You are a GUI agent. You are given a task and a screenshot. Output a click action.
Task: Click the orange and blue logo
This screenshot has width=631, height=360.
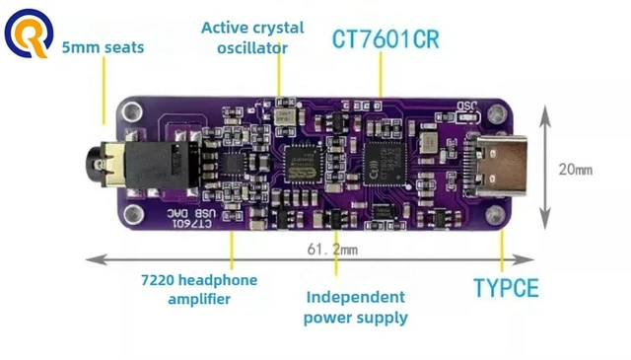29,33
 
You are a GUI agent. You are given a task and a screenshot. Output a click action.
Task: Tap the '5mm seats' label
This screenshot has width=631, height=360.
103,47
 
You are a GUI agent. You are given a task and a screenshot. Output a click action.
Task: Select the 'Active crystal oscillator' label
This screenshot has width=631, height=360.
252,37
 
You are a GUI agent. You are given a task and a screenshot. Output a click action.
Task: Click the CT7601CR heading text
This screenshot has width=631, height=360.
386,39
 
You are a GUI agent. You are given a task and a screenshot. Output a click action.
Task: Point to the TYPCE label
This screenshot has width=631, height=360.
506,288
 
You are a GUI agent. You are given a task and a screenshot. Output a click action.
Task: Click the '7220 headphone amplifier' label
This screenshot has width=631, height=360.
199,289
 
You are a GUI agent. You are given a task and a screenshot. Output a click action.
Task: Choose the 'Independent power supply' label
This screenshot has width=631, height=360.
356,308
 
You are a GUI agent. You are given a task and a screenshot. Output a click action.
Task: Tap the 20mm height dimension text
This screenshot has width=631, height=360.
576,170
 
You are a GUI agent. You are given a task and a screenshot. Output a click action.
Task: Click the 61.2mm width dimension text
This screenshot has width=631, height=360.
332,250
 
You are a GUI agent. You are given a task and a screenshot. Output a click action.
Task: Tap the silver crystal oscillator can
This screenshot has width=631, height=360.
285,116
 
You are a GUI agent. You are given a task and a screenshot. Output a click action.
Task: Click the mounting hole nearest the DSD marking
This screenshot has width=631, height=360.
497,114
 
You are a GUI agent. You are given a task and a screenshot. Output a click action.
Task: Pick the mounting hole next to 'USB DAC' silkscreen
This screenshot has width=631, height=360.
134,215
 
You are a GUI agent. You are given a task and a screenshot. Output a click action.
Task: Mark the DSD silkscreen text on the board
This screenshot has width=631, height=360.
466,106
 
